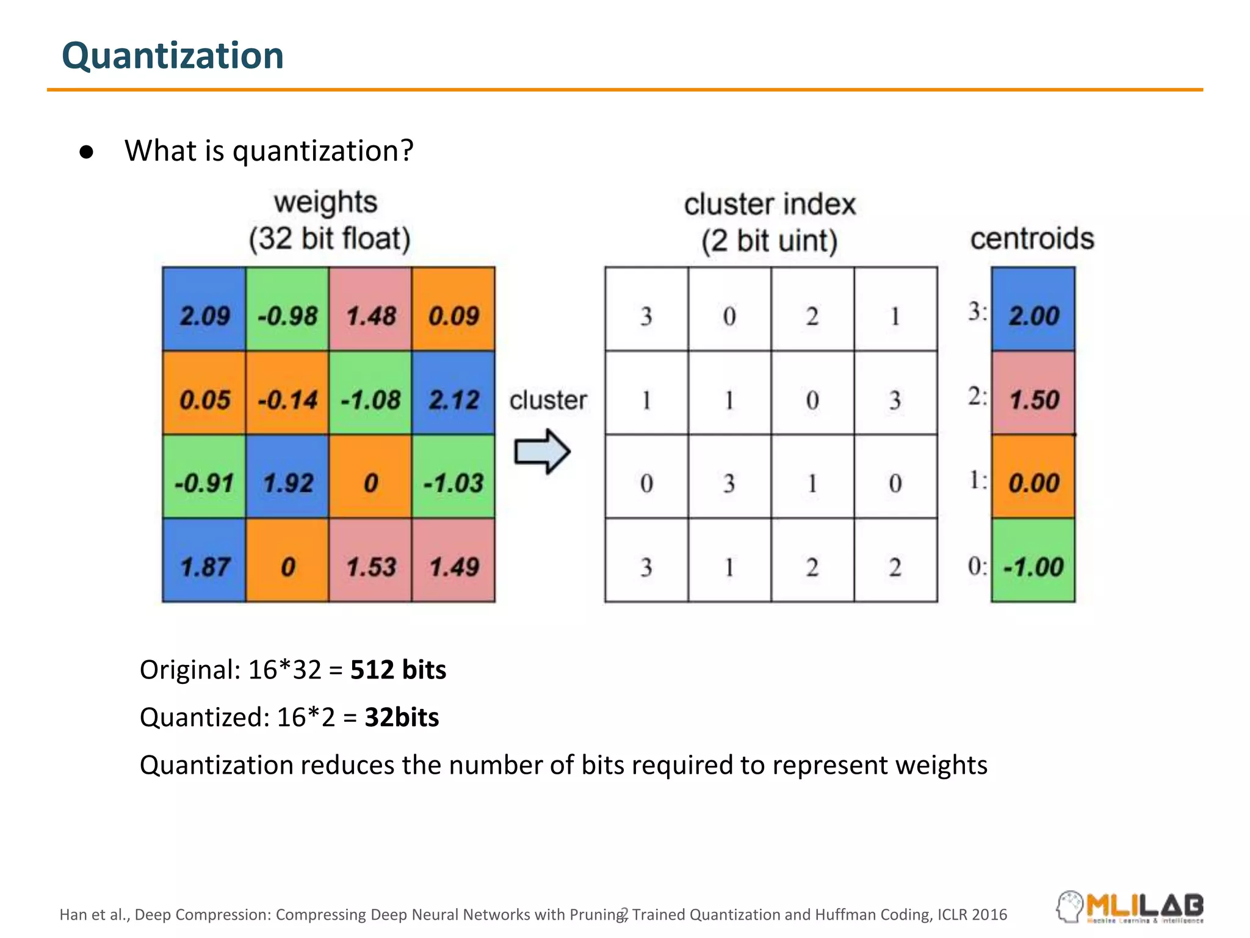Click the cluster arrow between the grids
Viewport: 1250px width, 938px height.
click(542, 452)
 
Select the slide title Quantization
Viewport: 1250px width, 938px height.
click(173, 56)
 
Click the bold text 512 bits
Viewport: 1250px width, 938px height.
click(398, 670)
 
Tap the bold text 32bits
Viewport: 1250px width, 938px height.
click(402, 718)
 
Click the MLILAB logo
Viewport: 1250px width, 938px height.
click(1130, 906)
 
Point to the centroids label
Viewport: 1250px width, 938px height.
click(1032, 238)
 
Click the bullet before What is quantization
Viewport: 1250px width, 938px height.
click(87, 152)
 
